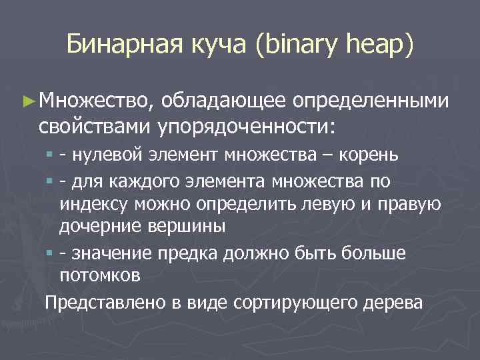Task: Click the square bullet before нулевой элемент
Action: (51, 156)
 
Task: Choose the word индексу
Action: (89, 203)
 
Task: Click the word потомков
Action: (99, 274)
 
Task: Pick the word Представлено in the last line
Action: (101, 302)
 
